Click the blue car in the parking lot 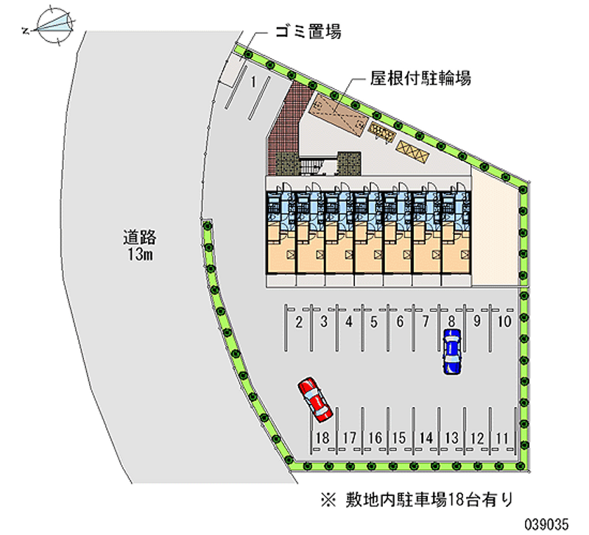click(x=451, y=352)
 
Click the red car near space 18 click(x=315, y=399)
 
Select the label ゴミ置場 click(x=308, y=31)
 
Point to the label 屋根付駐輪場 click(x=420, y=79)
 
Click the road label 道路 click(x=140, y=238)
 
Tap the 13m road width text click(x=140, y=255)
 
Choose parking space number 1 click(x=254, y=81)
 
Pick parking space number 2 click(x=299, y=322)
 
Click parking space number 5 click(x=374, y=322)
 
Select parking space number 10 click(x=504, y=322)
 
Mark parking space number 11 click(x=502, y=438)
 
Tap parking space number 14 click(x=426, y=438)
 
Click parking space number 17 click(x=349, y=438)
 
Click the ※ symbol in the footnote click(x=328, y=500)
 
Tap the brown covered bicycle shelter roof click(x=337, y=113)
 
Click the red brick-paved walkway click(x=286, y=124)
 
